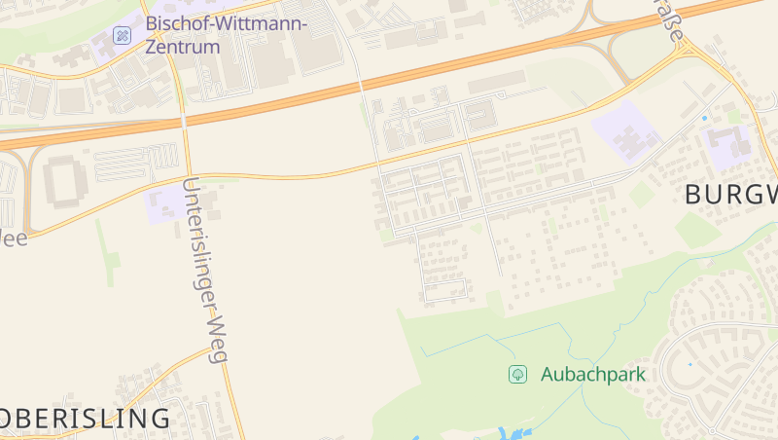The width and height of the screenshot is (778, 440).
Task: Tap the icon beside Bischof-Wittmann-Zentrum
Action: click(123, 35)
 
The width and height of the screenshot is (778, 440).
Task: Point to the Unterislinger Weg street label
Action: click(205, 270)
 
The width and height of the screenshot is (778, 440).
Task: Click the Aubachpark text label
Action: click(592, 374)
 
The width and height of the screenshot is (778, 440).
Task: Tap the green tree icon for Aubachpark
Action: click(518, 374)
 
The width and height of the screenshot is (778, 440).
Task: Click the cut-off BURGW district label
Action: click(730, 194)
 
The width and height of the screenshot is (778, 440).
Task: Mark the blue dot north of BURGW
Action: click(705, 118)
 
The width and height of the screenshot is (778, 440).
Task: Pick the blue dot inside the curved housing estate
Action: click(690, 364)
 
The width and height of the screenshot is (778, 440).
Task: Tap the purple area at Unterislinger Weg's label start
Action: click(163, 204)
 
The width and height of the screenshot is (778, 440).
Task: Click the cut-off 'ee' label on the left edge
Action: click(14, 238)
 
